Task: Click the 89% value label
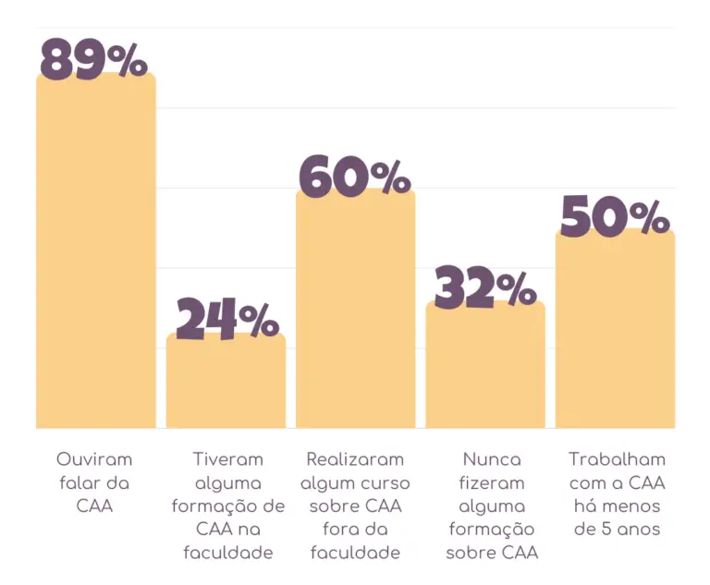click(x=94, y=58)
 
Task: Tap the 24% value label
click(x=227, y=320)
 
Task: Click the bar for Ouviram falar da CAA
click(x=95, y=259)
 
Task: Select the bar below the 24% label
click(x=226, y=384)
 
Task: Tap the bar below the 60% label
click(x=356, y=314)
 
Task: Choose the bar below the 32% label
click(x=485, y=370)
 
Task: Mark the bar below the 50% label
click(x=615, y=333)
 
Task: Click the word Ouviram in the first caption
click(x=94, y=459)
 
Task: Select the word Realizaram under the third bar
click(x=356, y=459)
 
